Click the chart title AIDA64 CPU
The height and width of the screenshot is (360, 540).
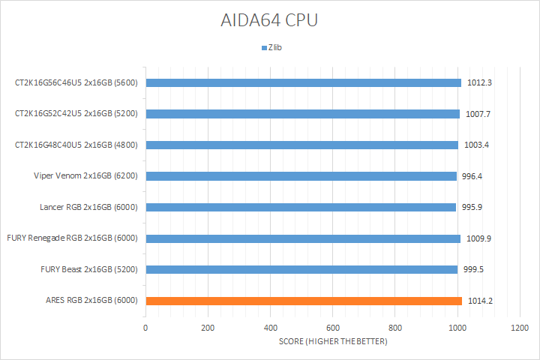pos(269,20)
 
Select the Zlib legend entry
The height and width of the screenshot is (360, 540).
pos(274,48)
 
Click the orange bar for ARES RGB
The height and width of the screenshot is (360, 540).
pos(304,301)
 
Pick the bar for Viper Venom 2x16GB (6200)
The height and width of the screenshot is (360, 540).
pos(301,176)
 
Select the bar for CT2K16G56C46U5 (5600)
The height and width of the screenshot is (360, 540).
pos(303,82)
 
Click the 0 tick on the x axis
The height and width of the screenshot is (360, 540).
pos(145,328)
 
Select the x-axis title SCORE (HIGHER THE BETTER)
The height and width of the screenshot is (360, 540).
pos(331,342)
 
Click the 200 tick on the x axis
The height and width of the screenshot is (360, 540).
pos(208,328)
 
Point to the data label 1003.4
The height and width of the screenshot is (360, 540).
pos(478,145)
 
